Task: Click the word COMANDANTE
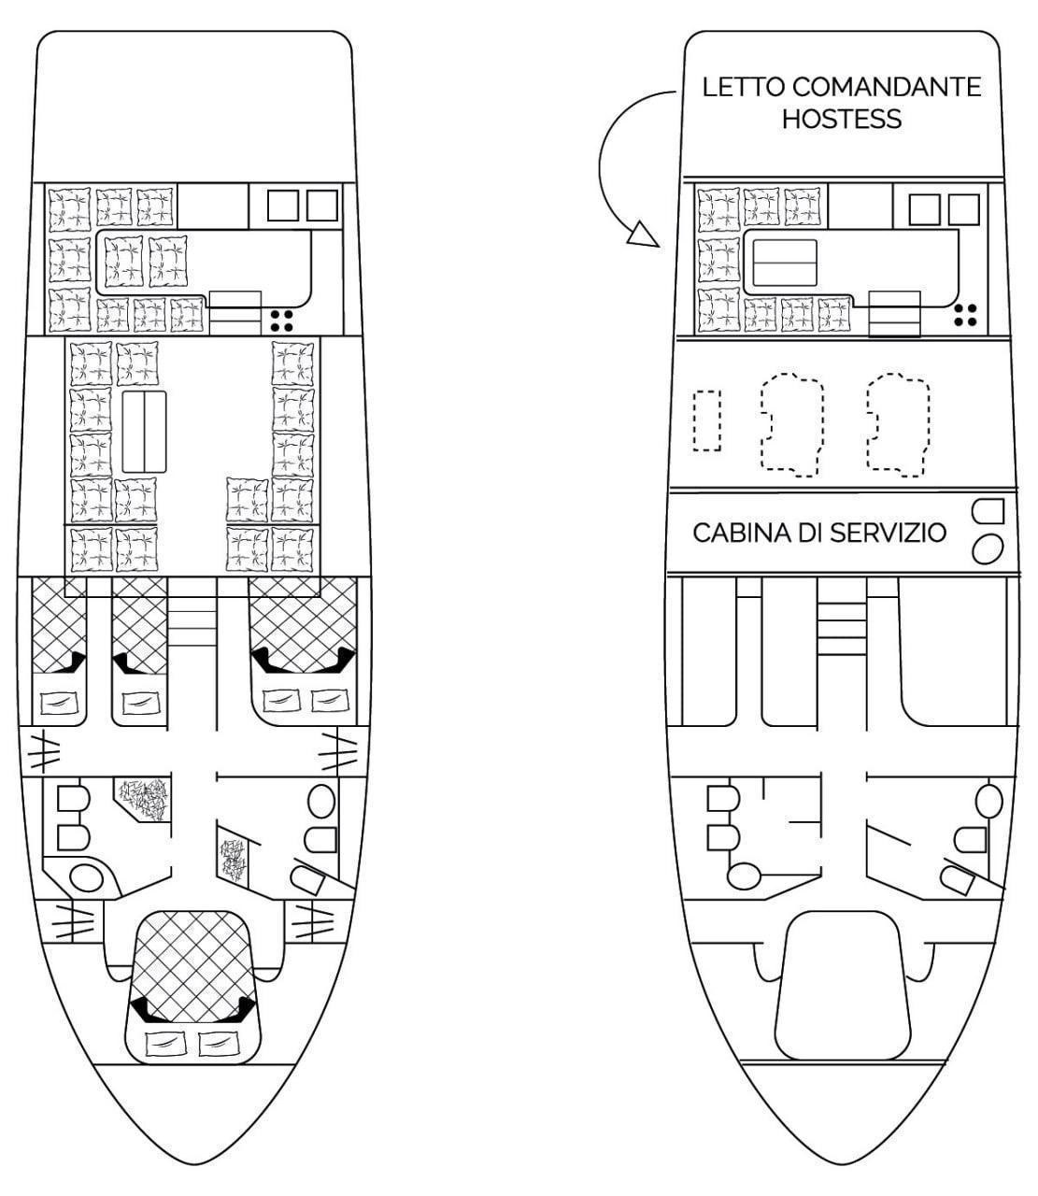point(888,87)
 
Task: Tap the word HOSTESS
point(842,119)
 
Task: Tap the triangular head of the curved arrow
point(643,235)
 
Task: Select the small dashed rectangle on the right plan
point(707,420)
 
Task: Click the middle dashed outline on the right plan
point(792,425)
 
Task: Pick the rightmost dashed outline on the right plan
point(898,425)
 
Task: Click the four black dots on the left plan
point(281,320)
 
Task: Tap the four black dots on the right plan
point(965,315)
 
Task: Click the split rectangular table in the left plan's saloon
point(145,432)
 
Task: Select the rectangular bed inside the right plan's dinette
point(785,263)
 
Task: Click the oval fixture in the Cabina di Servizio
point(988,549)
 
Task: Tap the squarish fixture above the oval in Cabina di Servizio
point(988,511)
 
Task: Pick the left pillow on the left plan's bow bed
point(164,1044)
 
